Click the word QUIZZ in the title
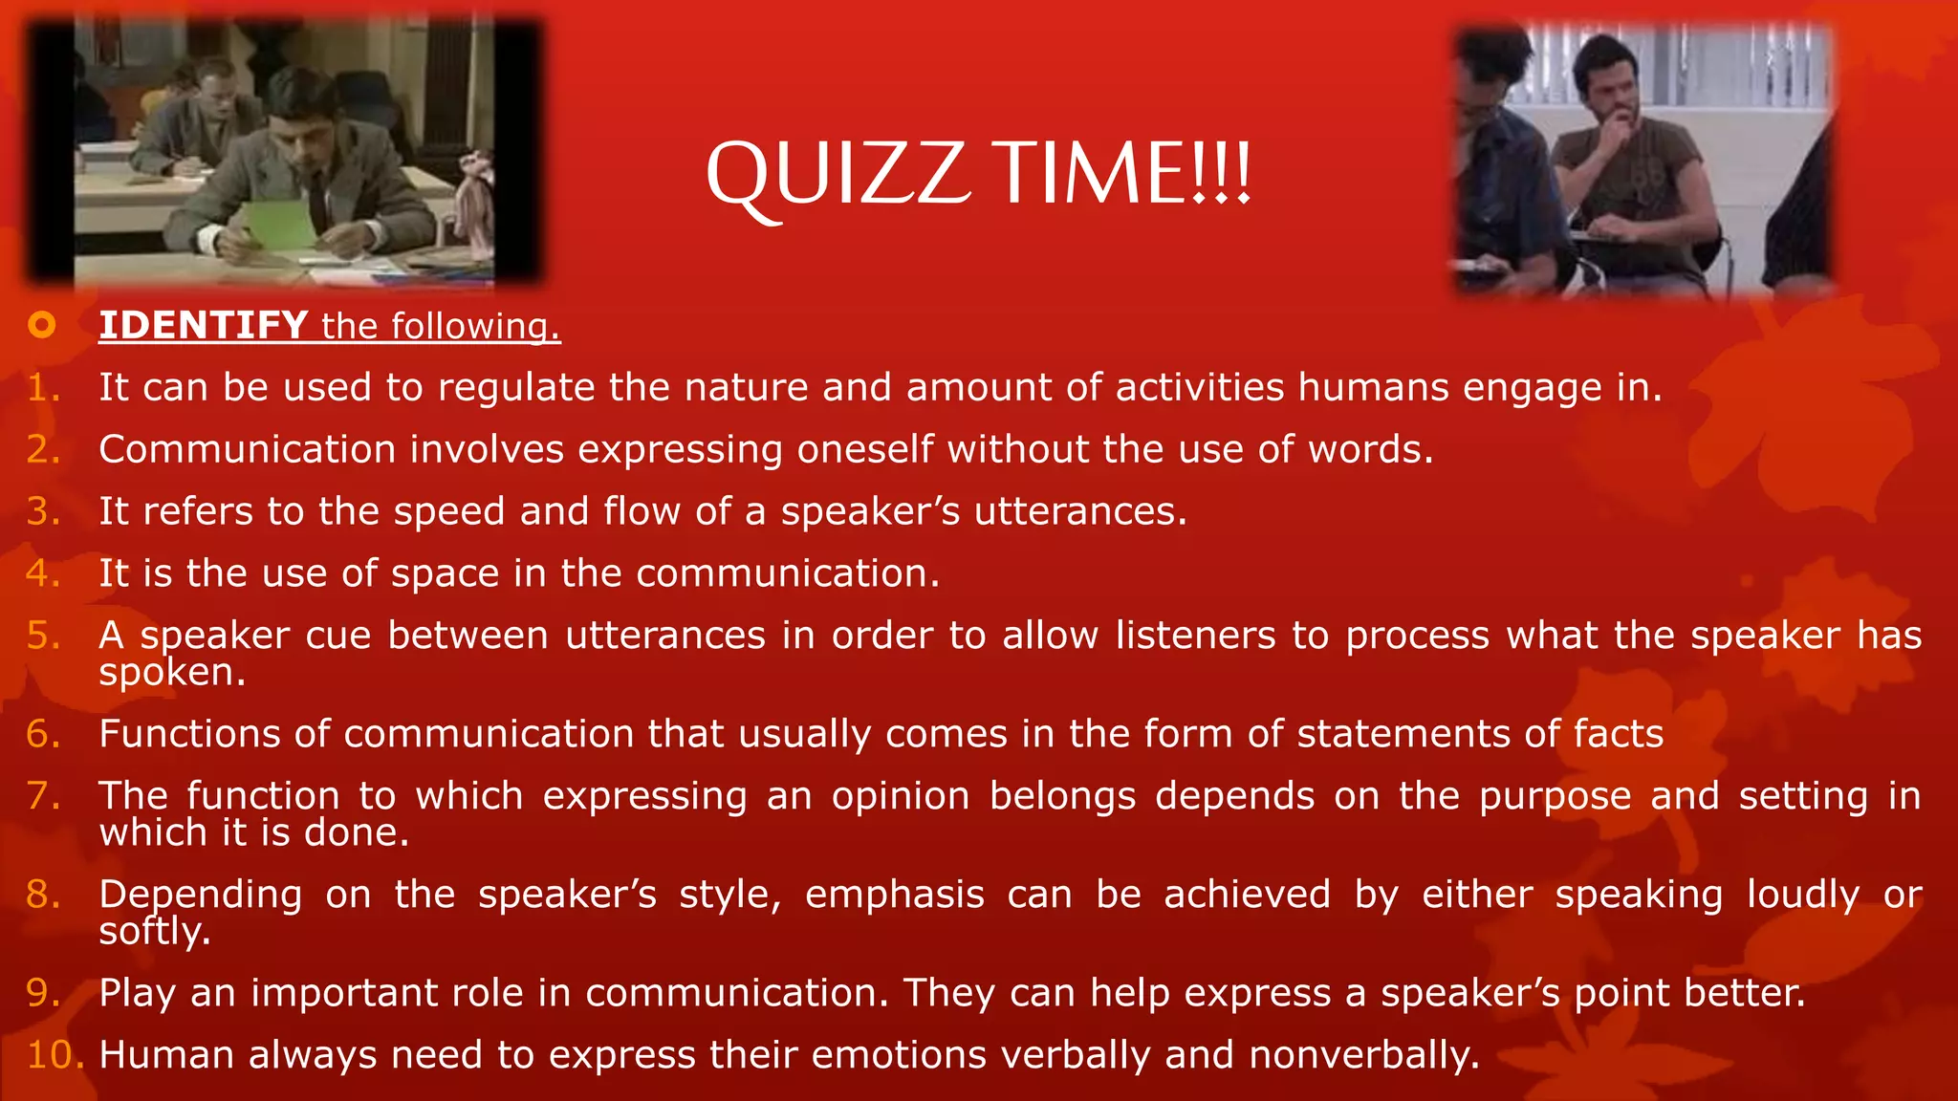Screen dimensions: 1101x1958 coord(838,174)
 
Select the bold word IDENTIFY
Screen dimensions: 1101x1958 coord(203,326)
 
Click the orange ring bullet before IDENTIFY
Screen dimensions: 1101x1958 coord(42,326)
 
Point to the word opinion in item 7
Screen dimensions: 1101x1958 coord(900,796)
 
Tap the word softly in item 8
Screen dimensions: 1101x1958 coord(153,932)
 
